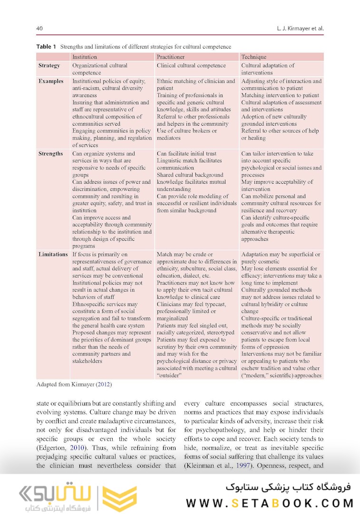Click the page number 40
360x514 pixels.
click(39, 29)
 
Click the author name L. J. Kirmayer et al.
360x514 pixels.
click(300, 29)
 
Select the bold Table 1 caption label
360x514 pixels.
click(46, 47)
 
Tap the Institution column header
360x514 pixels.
click(85, 57)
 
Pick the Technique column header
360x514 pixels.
click(253, 57)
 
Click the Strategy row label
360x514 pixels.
click(49, 66)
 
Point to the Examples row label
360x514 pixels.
click(50, 81)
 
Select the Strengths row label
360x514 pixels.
click(50, 154)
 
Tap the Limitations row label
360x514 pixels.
click(53, 255)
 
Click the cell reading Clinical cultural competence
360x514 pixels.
click(191, 66)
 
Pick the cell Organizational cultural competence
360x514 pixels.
click(100, 69)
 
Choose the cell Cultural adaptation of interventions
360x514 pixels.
click(268, 69)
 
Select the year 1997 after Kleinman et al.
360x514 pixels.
click(243, 466)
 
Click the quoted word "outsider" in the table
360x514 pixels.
click(170, 376)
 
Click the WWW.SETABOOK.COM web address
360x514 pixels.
click(270, 503)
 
